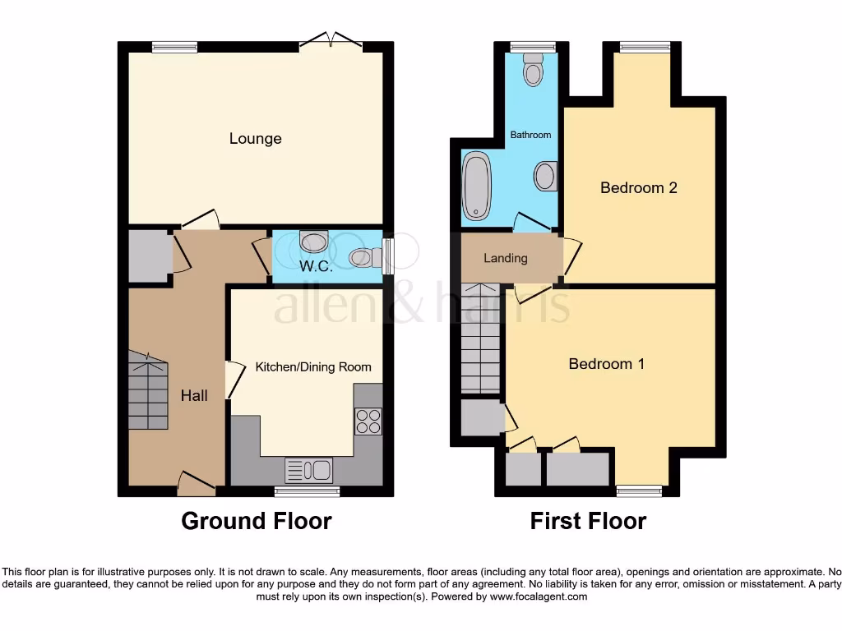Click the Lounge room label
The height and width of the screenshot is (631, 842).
tap(255, 139)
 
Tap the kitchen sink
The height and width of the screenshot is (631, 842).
tap(308, 470)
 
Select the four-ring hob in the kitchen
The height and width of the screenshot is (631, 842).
tap(368, 421)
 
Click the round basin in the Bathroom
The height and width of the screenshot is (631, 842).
tap(545, 176)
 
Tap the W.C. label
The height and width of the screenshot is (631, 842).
tap(315, 266)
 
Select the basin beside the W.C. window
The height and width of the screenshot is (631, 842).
tap(363, 258)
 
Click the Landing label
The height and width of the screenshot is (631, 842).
tap(505, 258)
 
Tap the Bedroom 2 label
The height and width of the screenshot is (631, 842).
tap(638, 188)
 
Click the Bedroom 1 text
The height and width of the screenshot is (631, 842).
tap(606, 364)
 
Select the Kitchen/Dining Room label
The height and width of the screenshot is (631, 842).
tap(312, 367)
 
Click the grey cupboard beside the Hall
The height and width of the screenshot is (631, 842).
tap(149, 257)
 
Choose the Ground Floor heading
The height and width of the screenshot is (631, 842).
tap(256, 521)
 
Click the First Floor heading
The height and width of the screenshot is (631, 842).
tap(588, 521)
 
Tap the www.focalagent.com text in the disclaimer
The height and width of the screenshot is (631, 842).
tap(538, 596)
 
